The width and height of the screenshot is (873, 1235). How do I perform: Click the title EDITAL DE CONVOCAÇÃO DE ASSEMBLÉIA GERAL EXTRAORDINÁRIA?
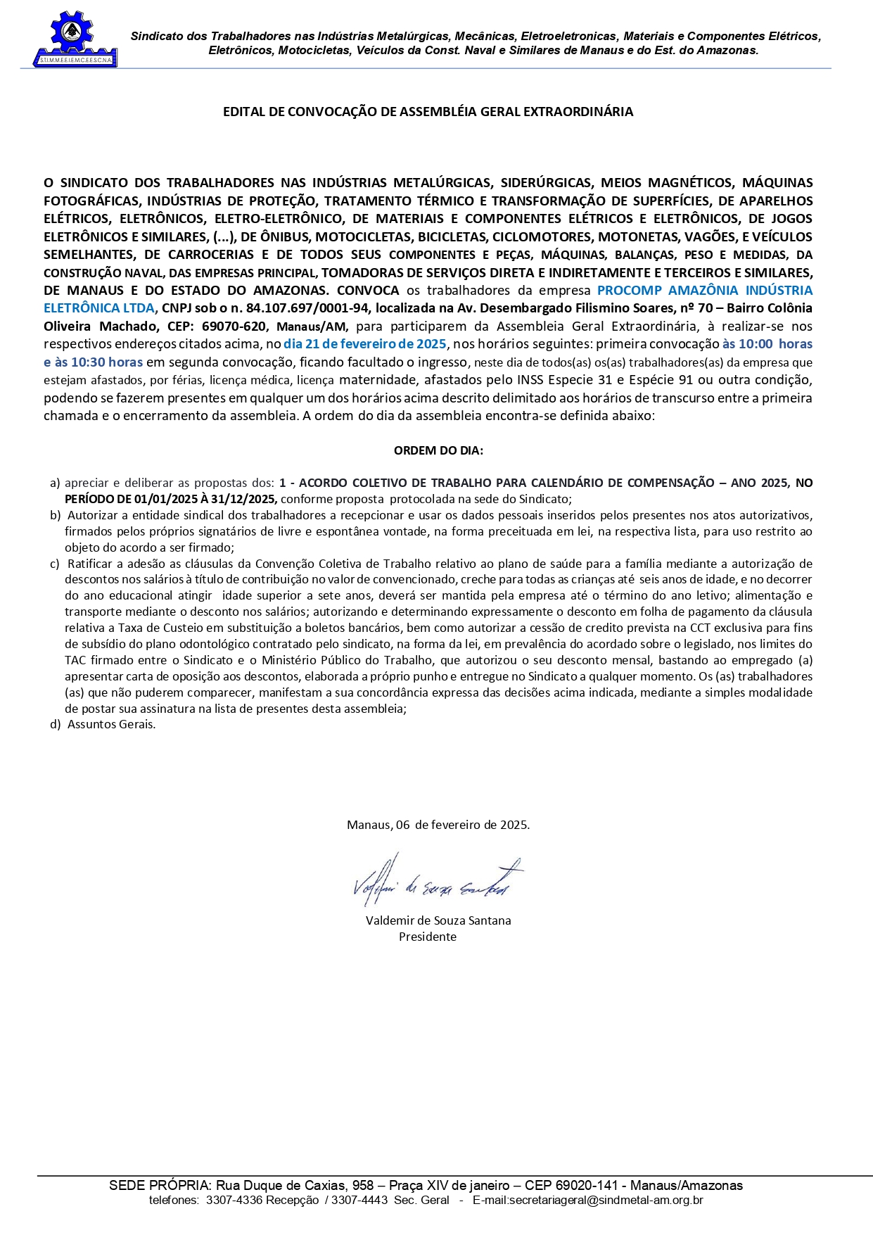click(428, 112)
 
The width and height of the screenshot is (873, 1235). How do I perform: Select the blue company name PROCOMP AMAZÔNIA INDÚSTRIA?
click(704, 290)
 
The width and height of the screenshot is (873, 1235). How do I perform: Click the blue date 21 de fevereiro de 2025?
click(365, 344)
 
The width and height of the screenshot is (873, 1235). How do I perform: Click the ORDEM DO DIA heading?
click(438, 450)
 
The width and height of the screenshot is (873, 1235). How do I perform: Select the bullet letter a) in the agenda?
click(55, 483)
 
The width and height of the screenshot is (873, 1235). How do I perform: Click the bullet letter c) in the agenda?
click(55, 564)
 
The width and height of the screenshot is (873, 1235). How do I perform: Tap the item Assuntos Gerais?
click(111, 724)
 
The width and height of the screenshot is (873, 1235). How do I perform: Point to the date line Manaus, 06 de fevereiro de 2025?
click(438, 825)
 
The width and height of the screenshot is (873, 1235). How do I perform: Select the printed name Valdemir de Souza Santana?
click(438, 920)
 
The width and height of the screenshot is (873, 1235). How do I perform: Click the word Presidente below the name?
click(428, 937)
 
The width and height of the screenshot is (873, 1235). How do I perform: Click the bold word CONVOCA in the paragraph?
click(368, 290)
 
